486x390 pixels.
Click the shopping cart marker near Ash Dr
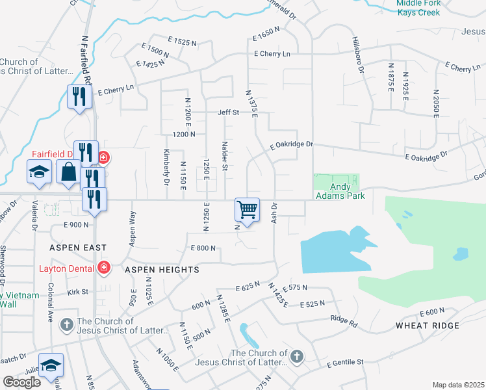coord(247,210)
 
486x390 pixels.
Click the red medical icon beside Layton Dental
coord(103,267)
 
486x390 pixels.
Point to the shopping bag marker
coord(68,173)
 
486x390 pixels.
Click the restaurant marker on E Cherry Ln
coord(79,97)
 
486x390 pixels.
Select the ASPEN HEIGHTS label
coord(161,269)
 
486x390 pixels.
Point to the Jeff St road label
coord(228,112)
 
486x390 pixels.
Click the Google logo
coord(21,382)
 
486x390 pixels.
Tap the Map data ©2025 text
coord(458,385)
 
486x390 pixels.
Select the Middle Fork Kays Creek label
coord(418,8)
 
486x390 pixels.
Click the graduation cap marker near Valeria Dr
coord(39,172)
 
